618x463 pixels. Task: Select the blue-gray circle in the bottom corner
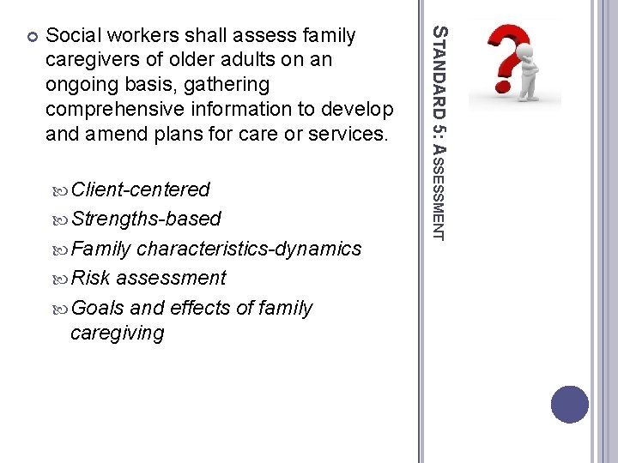click(570, 405)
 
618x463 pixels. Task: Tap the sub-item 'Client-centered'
click(141, 189)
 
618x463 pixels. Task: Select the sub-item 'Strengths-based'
click(146, 219)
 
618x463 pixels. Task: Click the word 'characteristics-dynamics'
click(249, 249)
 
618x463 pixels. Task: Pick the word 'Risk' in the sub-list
click(91, 278)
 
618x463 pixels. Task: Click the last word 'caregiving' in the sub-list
click(117, 333)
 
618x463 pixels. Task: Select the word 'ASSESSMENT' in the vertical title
click(438, 191)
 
